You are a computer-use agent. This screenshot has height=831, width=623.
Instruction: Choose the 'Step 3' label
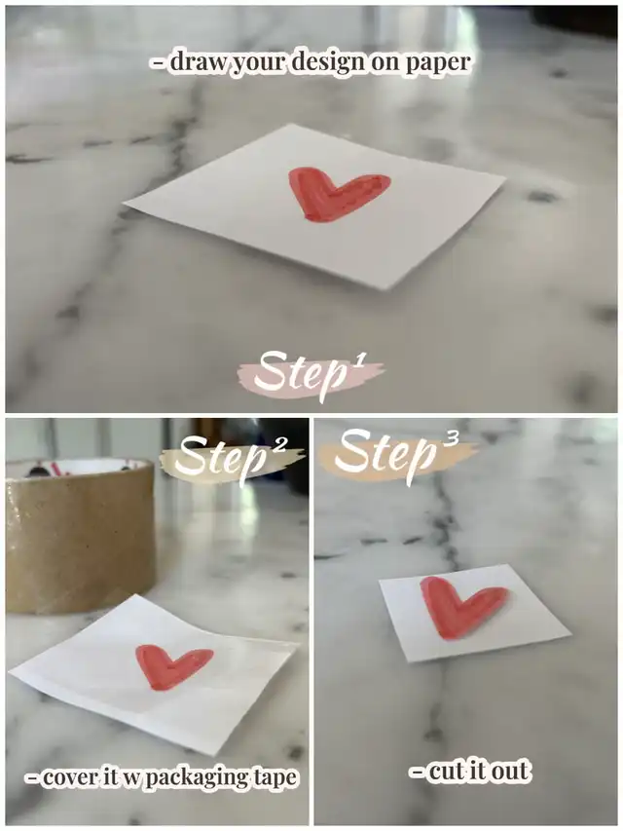click(x=397, y=456)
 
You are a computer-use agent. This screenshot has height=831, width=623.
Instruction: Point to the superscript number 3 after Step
click(x=451, y=439)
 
